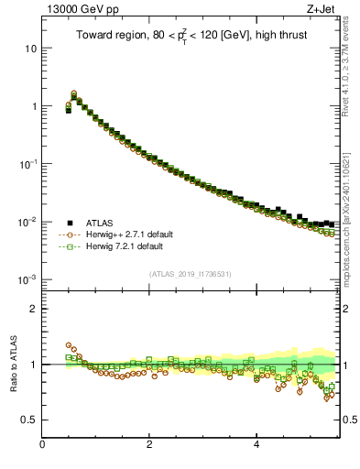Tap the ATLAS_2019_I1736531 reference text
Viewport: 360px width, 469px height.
coord(191,274)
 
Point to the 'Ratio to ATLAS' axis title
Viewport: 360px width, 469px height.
coord(12,364)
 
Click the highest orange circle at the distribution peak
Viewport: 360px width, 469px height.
coord(73,93)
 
